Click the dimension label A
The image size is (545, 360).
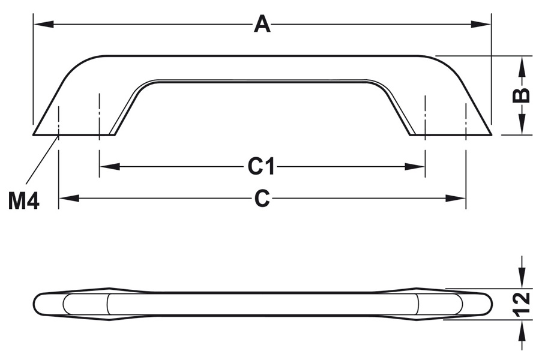pyautogui.click(x=262, y=25)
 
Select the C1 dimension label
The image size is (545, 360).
pyautogui.click(x=262, y=167)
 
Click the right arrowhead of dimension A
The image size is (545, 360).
pyautogui.click(x=481, y=25)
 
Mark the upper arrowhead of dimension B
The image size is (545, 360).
pyautogui.click(x=522, y=65)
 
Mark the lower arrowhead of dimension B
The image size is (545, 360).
pyautogui.click(x=522, y=126)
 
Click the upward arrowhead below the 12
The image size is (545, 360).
pyautogui.click(x=522, y=329)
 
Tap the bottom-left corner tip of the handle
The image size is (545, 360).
pyautogui.click(x=34, y=134)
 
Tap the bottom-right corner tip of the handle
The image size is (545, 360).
pyautogui.click(x=490, y=134)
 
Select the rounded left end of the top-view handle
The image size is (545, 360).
pyautogui.click(x=38, y=304)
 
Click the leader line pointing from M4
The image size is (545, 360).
pyautogui.click(x=41, y=158)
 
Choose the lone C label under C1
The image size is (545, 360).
pyautogui.click(x=262, y=199)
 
